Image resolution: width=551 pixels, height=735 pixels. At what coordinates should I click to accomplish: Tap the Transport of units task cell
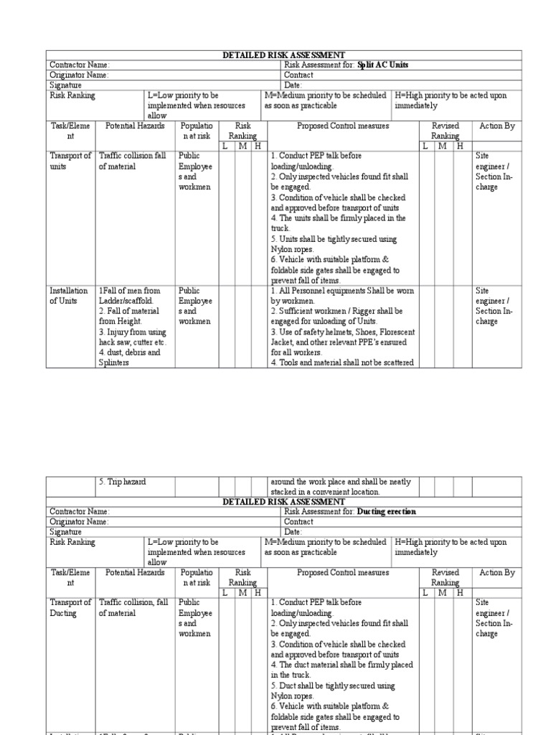click(x=70, y=161)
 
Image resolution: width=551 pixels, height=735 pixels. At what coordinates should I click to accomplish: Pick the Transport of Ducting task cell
click(x=70, y=608)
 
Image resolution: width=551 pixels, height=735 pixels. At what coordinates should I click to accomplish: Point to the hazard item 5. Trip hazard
click(x=123, y=482)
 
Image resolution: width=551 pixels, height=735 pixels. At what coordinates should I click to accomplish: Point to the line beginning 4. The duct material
click(x=342, y=665)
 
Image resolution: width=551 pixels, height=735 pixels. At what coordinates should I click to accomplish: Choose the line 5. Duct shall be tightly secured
click(x=334, y=686)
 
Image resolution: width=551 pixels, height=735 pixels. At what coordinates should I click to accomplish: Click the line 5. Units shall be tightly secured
click(x=334, y=239)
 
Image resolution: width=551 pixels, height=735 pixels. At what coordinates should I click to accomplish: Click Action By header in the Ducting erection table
click(x=497, y=573)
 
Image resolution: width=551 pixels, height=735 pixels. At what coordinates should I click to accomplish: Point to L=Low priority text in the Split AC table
click(x=183, y=95)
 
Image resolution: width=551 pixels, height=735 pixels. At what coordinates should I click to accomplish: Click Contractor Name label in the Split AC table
click(x=79, y=65)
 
